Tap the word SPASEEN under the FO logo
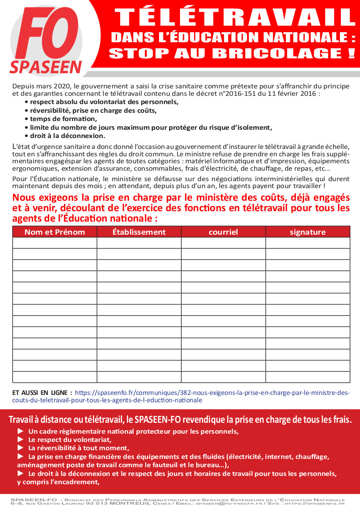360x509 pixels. (x=46, y=67)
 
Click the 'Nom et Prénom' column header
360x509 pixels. (x=54, y=232)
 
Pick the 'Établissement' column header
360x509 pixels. (x=139, y=232)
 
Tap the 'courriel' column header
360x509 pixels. (x=223, y=232)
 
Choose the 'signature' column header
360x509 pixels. (x=308, y=232)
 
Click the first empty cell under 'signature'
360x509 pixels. (x=308, y=243)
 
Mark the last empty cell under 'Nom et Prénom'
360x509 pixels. (x=54, y=377)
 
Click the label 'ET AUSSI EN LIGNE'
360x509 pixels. (x=42, y=393)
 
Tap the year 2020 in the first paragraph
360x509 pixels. (x=63, y=86)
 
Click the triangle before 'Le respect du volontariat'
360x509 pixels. (x=20, y=440)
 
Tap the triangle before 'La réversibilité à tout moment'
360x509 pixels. (x=20, y=448)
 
